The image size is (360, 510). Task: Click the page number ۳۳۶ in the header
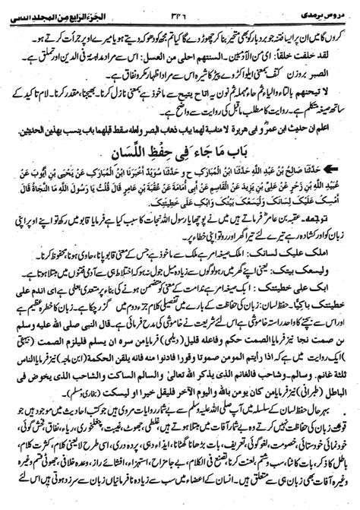(180, 7)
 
